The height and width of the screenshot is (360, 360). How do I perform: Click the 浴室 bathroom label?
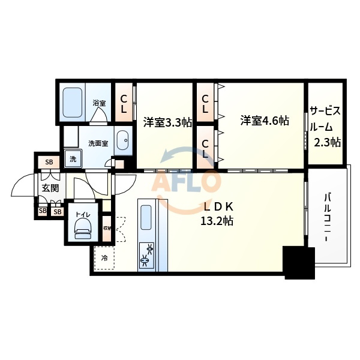point(98,103)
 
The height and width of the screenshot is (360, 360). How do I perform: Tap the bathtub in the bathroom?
point(73,103)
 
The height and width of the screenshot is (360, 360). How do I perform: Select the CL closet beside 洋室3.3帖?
point(123,103)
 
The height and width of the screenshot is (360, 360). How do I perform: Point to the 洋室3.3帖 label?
point(167,122)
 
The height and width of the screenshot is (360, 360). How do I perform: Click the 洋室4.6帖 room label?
point(265,120)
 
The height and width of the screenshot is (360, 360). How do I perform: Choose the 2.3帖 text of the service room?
point(327,142)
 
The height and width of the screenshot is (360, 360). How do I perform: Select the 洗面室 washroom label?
point(98,143)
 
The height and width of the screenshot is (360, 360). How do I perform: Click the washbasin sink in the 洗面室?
point(122,141)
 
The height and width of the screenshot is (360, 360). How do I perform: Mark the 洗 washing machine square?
point(73,159)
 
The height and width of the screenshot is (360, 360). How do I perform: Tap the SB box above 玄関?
point(49,162)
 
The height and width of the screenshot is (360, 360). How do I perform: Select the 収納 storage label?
point(107,228)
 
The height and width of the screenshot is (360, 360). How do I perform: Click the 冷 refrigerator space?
point(104,259)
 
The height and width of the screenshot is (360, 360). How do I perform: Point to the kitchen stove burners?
point(146,253)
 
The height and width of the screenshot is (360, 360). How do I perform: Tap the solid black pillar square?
point(299,262)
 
